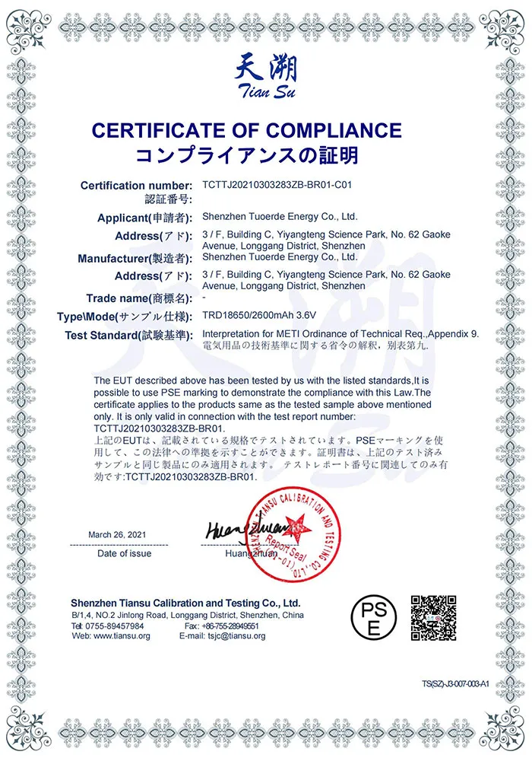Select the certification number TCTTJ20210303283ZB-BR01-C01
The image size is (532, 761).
pyautogui.click(x=277, y=184)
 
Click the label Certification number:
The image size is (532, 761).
pyautogui.click(x=136, y=186)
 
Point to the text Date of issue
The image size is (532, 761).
pyautogui.click(x=124, y=553)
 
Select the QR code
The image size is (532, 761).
pyautogui.click(x=433, y=616)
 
